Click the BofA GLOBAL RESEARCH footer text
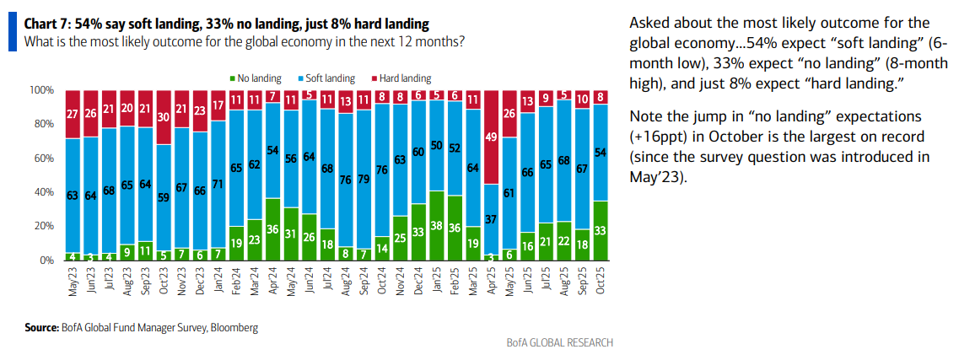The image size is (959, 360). tap(559, 342)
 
